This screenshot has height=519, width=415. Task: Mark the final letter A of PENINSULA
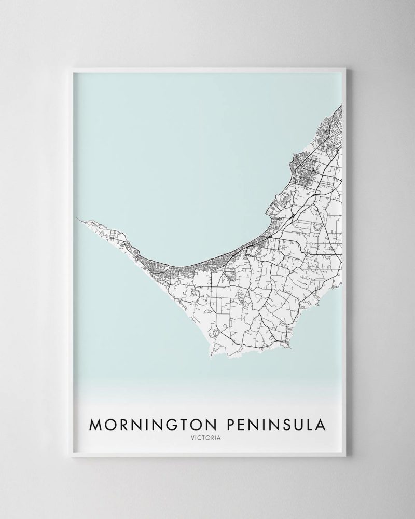[322, 425]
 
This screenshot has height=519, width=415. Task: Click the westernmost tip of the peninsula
[77, 218]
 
